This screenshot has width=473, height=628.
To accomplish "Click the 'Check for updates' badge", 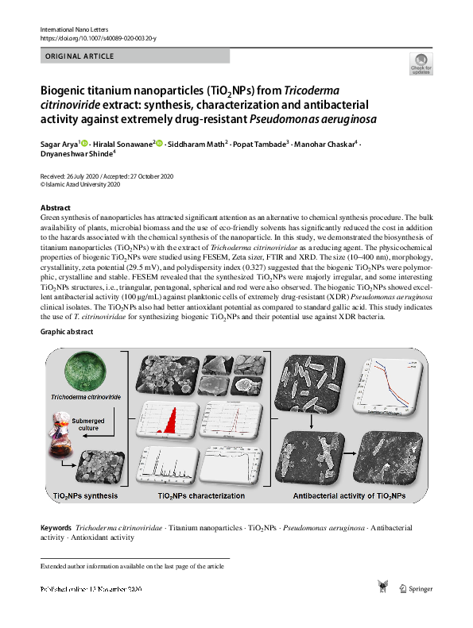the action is click(x=421, y=64).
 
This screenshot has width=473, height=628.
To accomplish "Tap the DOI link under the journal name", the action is click(x=98, y=38).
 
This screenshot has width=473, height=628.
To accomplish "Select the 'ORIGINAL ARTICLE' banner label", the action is click(x=79, y=56).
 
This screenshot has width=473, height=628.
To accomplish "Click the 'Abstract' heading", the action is click(x=55, y=207).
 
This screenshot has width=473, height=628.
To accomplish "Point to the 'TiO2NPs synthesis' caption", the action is click(x=86, y=496).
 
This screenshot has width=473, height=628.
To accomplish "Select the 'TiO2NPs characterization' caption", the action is click(x=201, y=496).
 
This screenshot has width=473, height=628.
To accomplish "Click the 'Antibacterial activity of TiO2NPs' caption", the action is click(x=349, y=496).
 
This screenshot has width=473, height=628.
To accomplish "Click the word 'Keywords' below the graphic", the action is click(x=56, y=527).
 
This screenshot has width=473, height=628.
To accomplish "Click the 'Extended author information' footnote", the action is click(x=133, y=567).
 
